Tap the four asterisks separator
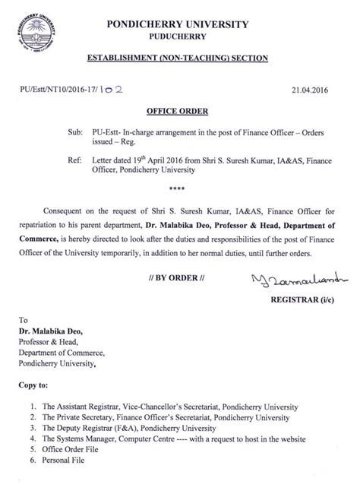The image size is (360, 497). click(179, 186)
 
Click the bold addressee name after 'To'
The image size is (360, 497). click(57, 330)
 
